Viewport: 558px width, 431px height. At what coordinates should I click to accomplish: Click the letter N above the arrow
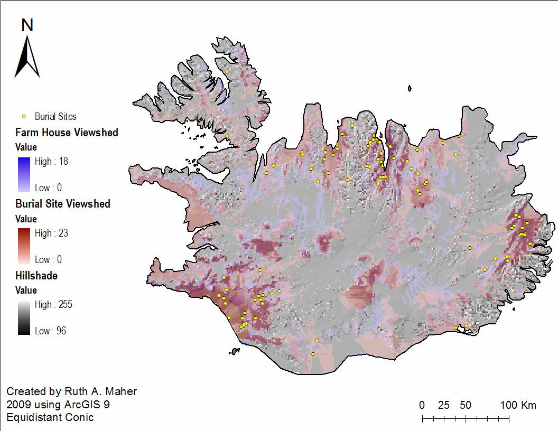pyautogui.click(x=28, y=25)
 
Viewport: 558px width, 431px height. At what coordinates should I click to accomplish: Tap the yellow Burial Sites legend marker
pyautogui.click(x=24, y=116)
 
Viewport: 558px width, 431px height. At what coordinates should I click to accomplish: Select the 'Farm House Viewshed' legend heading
pyautogui.click(x=67, y=133)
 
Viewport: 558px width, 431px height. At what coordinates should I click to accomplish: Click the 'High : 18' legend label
pyautogui.click(x=51, y=162)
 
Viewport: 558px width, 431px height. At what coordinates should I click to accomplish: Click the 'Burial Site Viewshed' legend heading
pyautogui.click(x=63, y=204)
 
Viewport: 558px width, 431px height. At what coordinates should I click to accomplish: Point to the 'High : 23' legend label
pyautogui.click(x=51, y=233)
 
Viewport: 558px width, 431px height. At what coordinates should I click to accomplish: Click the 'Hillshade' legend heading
pyautogui.click(x=36, y=276)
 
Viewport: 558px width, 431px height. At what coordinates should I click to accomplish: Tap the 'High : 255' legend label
pyautogui.click(x=53, y=305)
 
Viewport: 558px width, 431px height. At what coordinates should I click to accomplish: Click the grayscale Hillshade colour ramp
pyautogui.click(x=24, y=317)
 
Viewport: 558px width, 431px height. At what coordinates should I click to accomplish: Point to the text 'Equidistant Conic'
pyautogui.click(x=50, y=417)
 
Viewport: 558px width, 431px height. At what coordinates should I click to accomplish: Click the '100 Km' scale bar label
pyautogui.click(x=518, y=405)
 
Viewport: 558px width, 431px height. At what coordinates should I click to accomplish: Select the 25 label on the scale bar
pyautogui.click(x=444, y=405)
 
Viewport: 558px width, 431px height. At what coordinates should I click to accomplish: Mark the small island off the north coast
pyautogui.click(x=410, y=89)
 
